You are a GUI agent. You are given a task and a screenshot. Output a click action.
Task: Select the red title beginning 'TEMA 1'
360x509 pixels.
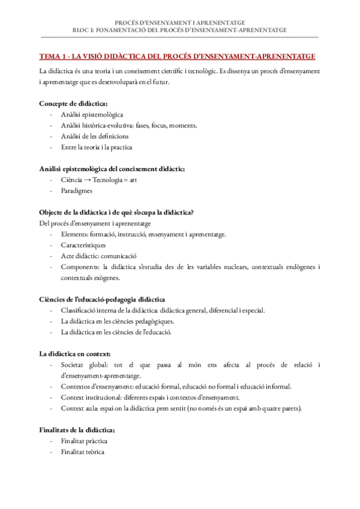[x=177, y=56]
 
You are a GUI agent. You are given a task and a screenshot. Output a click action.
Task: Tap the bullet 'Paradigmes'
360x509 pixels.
[x=76, y=191]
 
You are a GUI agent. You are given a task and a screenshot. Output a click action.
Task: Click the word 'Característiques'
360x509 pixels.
[x=83, y=245]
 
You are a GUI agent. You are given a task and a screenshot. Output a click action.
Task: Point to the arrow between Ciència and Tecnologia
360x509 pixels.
[x=86, y=180]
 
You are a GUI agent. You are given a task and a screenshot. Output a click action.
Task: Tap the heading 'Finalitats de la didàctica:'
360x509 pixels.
[x=77, y=430]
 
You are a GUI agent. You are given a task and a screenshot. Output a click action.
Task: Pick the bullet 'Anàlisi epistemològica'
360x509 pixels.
[x=92, y=114]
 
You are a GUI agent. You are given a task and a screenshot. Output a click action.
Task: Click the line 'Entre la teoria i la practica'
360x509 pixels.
[x=97, y=147]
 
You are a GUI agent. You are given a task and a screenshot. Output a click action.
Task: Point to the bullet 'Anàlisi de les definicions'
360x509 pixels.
[x=94, y=136]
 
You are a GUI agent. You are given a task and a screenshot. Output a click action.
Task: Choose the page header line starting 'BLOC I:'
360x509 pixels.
[x=179, y=29]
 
